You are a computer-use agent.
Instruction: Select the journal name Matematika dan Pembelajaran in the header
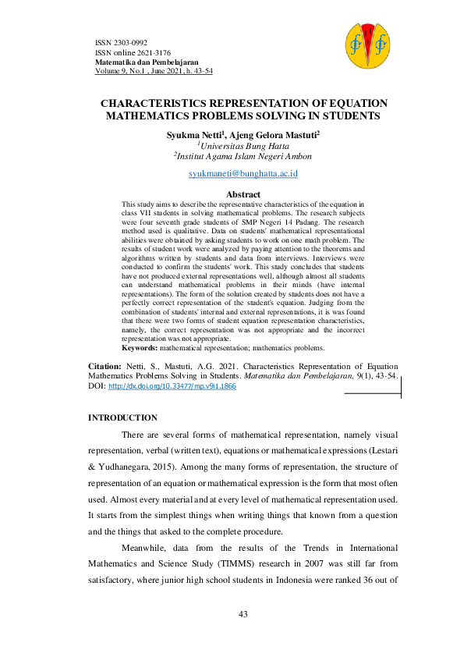[x=146, y=61]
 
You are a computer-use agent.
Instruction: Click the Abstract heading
[x=243, y=194]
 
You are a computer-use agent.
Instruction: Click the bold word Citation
[x=104, y=365]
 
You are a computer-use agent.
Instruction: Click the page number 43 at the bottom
[x=243, y=615]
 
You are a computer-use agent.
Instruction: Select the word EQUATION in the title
[x=352, y=104]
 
